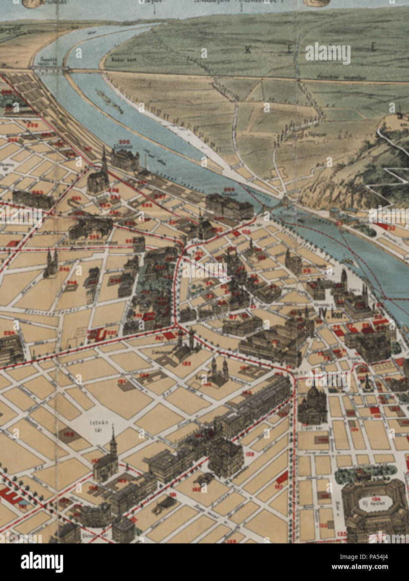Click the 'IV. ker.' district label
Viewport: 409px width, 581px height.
[330, 314]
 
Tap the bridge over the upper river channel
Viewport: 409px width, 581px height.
[51, 70]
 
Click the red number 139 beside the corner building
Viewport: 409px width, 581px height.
[250, 454]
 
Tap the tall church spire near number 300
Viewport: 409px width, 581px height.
[104, 161]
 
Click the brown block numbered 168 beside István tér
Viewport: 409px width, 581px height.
[67, 435]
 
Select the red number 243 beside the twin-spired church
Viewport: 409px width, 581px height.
[64, 269]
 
